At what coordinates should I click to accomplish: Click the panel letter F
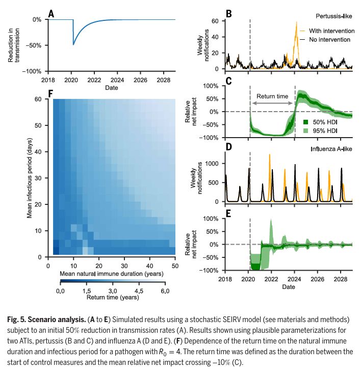[50, 93]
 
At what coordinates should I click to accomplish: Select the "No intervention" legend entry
[331, 39]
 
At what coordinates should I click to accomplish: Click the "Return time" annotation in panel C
[272, 96]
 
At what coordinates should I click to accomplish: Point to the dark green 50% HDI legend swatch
[306, 122]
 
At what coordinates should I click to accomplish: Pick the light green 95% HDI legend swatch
[306, 131]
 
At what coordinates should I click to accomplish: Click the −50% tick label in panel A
[34, 45]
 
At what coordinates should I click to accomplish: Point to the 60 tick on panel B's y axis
[215, 21]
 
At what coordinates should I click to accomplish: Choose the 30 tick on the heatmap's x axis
[124, 266]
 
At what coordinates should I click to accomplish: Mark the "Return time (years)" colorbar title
[112, 297]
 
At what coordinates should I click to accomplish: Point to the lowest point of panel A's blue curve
[74, 45]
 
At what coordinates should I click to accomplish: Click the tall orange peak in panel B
[297, 23]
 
